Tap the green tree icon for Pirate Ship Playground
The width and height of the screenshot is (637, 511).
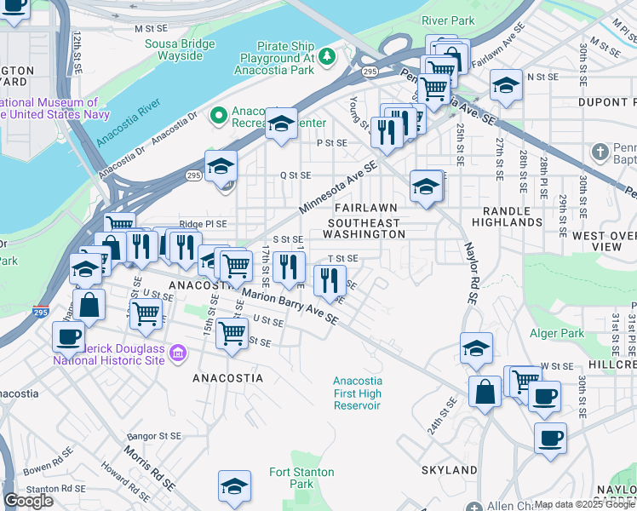(327, 56)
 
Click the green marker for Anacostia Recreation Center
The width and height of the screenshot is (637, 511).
(219, 113)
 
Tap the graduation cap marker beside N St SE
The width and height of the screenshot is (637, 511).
(506, 86)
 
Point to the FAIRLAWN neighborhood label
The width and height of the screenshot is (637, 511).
(365, 208)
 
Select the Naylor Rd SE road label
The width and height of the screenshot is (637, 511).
(469, 272)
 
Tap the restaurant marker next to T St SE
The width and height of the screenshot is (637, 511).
(329, 278)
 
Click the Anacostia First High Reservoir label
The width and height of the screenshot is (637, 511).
(357, 393)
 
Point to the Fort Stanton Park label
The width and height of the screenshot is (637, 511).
(291, 478)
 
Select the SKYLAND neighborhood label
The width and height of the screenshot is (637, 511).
(449, 470)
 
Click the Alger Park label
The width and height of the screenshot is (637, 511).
(557, 334)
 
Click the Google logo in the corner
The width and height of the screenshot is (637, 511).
(28, 501)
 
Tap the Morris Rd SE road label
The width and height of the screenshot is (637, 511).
(149, 468)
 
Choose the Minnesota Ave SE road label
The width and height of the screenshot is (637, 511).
(337, 190)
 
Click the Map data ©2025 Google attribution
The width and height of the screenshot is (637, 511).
(584, 505)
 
